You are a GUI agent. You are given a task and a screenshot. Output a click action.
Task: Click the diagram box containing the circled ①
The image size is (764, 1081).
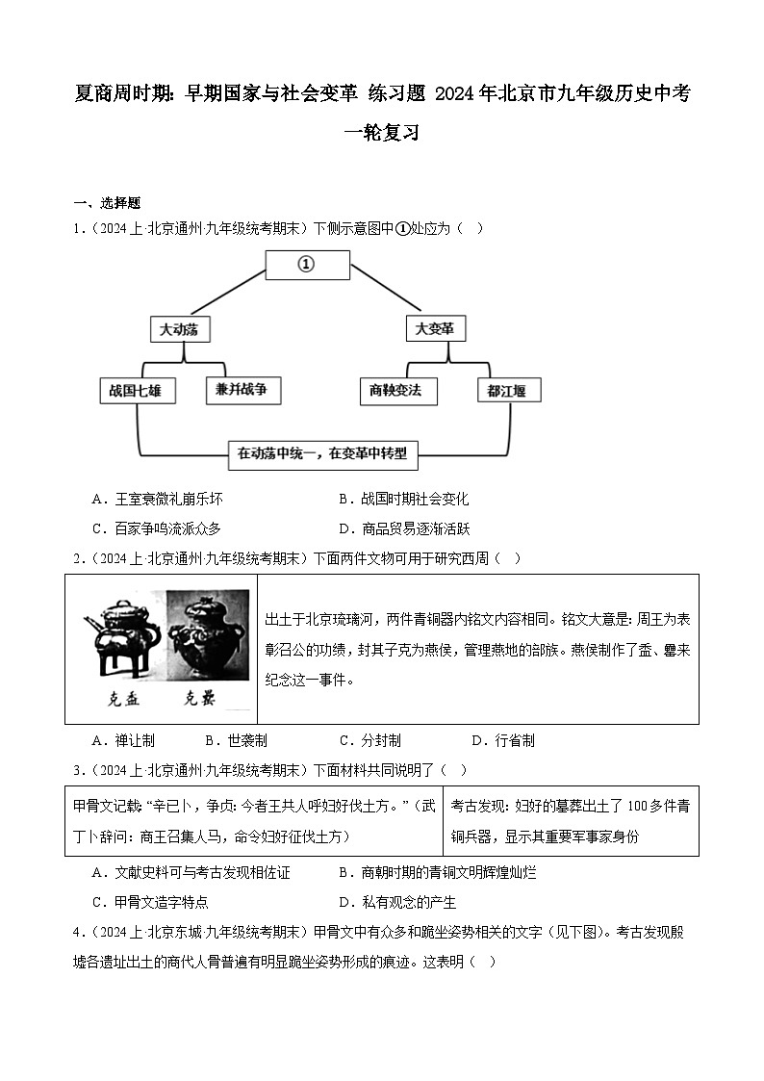[x=306, y=265]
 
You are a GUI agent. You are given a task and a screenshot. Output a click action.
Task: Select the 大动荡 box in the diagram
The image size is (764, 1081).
[x=180, y=328]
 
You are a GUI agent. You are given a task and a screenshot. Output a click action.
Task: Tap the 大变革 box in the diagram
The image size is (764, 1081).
[x=434, y=328]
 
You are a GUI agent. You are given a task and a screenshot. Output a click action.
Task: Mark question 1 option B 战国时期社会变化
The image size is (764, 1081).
[x=404, y=500]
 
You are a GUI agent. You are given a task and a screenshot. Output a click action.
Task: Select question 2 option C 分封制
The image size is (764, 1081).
[x=370, y=740]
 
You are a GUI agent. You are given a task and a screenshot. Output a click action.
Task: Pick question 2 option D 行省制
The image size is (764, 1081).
[x=503, y=740]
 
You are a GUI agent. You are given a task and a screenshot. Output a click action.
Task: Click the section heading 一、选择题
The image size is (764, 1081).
[x=107, y=203]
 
